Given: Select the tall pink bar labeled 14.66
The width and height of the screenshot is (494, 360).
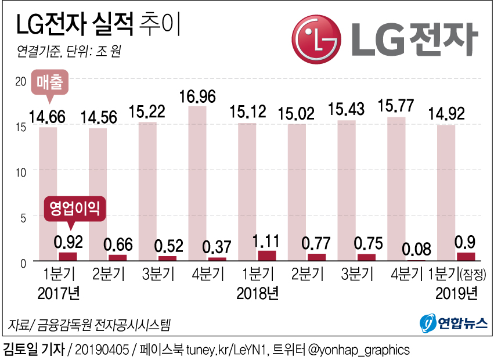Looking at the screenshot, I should click(x=48, y=192).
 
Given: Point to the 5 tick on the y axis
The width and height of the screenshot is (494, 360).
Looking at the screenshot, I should click(x=24, y=217).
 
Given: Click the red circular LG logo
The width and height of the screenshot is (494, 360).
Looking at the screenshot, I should click(x=316, y=39).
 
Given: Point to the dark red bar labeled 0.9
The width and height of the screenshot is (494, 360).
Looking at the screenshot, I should click(x=466, y=257).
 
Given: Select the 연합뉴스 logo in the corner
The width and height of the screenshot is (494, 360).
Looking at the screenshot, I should click(x=453, y=323).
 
